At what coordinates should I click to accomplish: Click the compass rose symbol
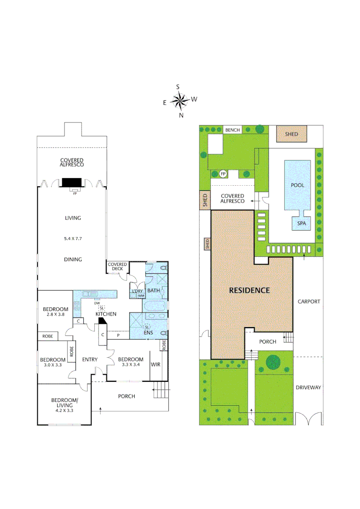(x=179, y=100)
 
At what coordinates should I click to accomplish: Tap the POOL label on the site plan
(x=297, y=185)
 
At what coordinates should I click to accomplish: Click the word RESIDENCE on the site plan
(x=249, y=290)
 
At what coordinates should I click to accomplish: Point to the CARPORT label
(x=309, y=301)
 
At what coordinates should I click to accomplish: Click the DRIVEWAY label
(x=309, y=387)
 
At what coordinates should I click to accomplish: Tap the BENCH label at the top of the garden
(x=232, y=130)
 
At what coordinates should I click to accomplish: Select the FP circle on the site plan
(x=223, y=174)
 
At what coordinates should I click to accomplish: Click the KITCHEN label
(x=106, y=314)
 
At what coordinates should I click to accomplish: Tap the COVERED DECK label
(x=117, y=267)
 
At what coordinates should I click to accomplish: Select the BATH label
(x=154, y=291)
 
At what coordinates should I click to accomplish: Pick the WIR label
(x=155, y=365)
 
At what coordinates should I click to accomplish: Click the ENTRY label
(x=90, y=360)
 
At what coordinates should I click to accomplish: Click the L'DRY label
(x=137, y=291)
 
